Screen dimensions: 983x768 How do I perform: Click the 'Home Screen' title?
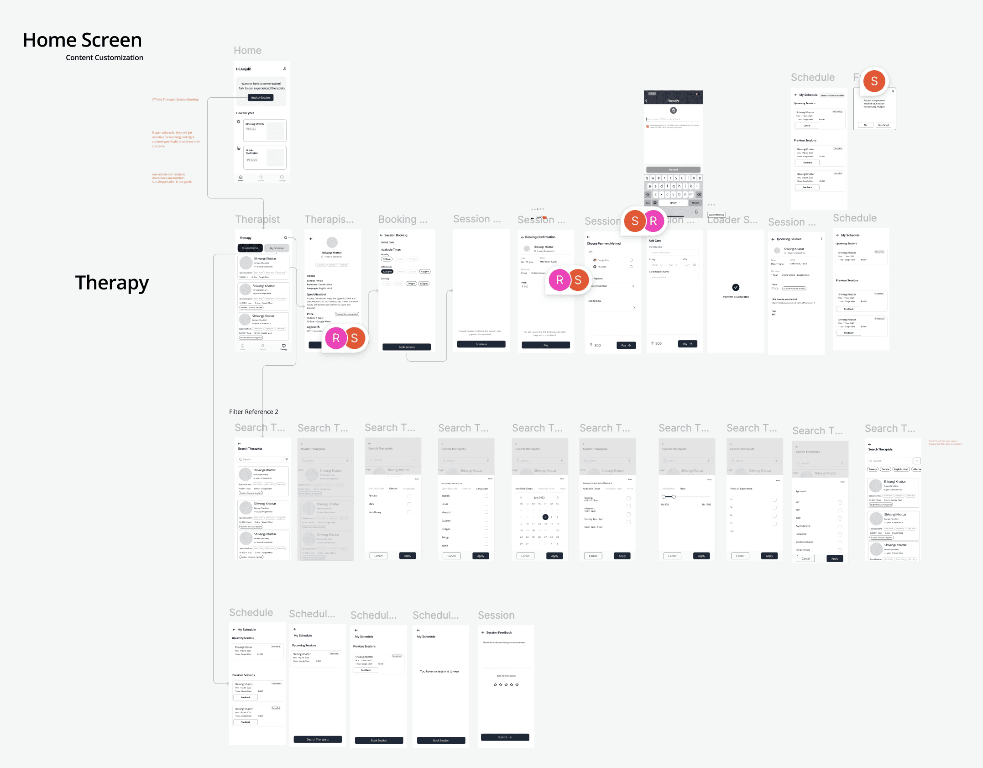(x=82, y=40)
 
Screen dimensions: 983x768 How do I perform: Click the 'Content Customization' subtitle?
(x=105, y=58)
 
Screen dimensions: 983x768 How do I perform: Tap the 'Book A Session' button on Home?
(x=261, y=98)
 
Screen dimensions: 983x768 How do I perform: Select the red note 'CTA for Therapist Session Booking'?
(x=175, y=100)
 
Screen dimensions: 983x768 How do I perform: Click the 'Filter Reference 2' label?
(x=253, y=412)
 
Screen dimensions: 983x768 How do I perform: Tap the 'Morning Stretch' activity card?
(x=265, y=131)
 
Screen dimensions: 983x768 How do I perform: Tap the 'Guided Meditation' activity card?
(x=265, y=158)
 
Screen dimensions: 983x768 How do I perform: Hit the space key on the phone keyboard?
(x=673, y=203)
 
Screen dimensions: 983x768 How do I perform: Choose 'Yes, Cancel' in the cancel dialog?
(x=883, y=125)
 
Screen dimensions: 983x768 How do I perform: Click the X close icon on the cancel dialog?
(x=893, y=91)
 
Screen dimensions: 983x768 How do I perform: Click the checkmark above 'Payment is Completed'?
(x=736, y=287)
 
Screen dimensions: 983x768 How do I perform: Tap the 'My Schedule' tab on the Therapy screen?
(x=277, y=248)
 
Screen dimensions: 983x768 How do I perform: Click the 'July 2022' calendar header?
(x=539, y=498)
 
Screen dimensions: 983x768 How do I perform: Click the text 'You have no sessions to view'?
(x=439, y=671)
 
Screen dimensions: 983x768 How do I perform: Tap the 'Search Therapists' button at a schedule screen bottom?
(x=318, y=739)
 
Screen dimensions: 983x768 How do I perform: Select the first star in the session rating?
(x=495, y=685)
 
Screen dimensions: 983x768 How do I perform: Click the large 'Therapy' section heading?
(x=112, y=283)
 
